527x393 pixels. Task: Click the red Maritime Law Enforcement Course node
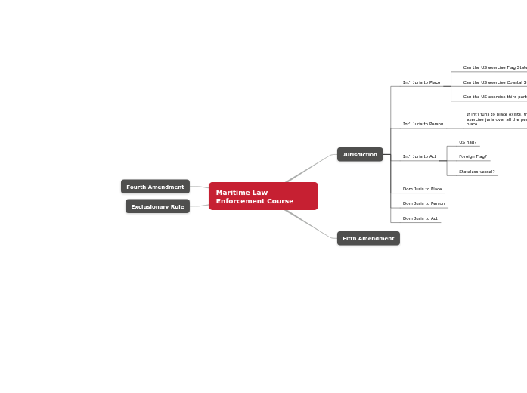point(263,196)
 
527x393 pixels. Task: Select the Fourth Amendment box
point(155,187)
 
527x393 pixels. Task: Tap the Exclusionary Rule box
point(157,206)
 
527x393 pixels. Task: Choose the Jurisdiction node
point(360,154)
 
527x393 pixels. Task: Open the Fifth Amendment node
point(368,238)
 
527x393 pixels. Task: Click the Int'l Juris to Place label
point(421,82)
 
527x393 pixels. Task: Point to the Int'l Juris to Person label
point(423,124)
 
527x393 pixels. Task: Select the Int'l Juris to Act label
point(419,156)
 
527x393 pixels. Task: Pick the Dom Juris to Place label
point(422,189)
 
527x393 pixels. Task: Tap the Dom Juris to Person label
point(423,203)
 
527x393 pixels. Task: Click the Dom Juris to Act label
point(420,218)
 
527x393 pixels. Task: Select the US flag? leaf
point(467,142)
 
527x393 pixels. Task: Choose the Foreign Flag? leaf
point(473,156)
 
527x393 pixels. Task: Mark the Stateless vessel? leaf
point(476,172)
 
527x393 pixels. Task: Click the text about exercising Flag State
point(494,67)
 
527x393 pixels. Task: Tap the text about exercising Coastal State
point(494,82)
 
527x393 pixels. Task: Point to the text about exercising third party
point(494,97)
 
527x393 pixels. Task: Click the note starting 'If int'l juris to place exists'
point(496,119)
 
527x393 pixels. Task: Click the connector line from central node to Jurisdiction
point(308,169)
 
